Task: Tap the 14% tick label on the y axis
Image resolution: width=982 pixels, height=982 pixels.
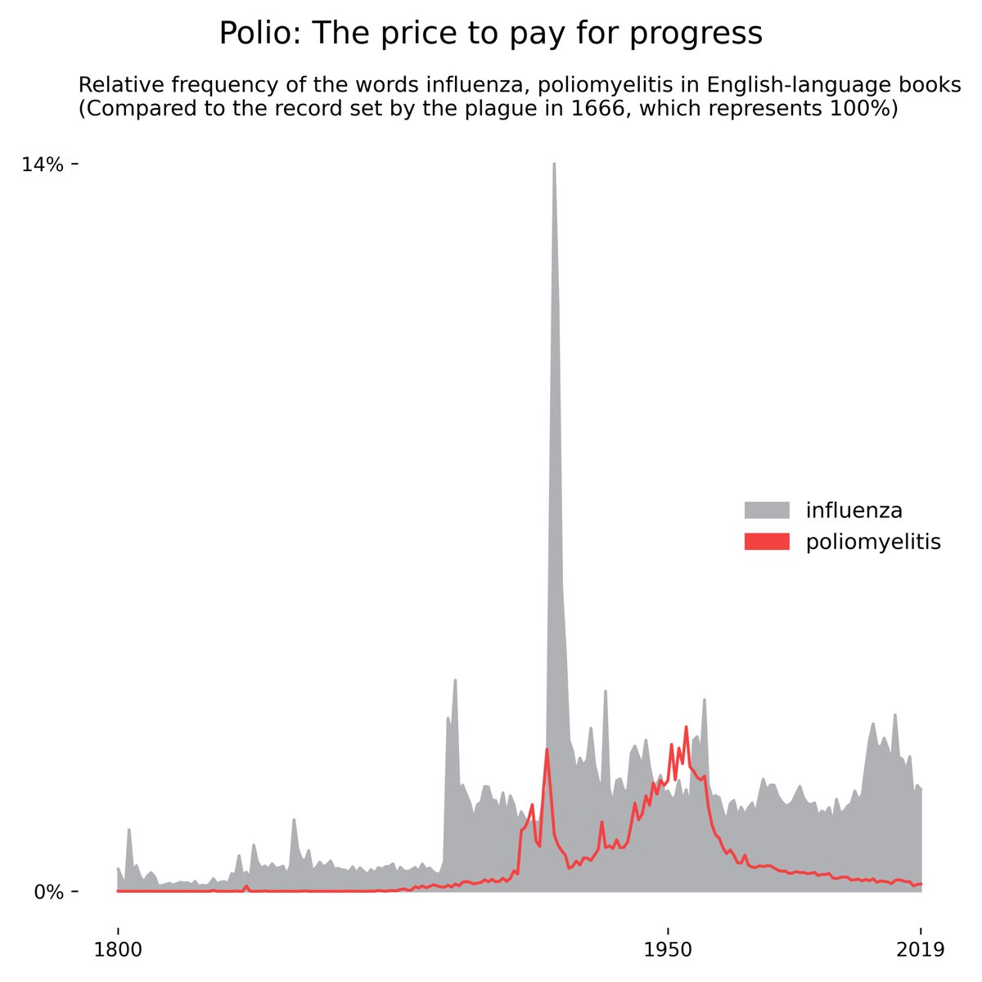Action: point(43,164)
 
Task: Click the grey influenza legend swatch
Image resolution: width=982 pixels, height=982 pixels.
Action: point(767,511)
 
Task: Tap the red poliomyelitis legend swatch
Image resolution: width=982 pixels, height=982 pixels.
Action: point(767,542)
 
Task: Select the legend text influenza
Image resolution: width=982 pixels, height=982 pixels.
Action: point(854,511)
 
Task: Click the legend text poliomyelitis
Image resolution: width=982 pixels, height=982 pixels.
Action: point(873,542)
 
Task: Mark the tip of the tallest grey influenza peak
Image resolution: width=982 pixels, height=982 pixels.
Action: point(554,164)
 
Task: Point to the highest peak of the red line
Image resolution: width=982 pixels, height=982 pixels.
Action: point(686,727)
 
